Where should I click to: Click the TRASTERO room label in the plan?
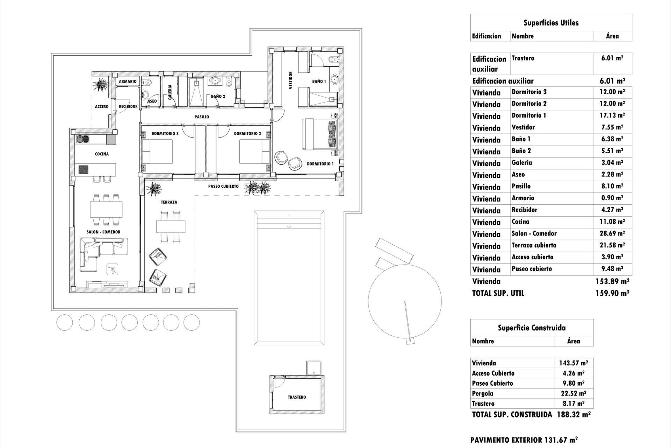297,397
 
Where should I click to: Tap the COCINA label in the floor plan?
102,154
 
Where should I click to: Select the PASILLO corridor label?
202,117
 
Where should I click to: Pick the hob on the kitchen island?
84,170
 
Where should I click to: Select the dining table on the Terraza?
171,226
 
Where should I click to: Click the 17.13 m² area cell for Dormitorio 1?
612,115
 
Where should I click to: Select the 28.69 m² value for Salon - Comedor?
612,233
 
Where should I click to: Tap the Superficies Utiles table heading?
551,23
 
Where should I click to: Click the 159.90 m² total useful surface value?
612,293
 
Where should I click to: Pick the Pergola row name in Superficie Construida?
483,393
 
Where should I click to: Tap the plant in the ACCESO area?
101,84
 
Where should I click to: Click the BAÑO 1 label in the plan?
319,81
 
